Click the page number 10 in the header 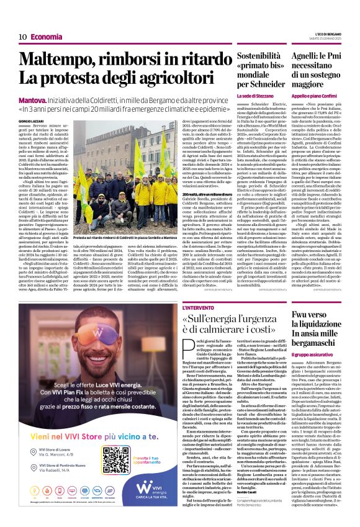[22, 37]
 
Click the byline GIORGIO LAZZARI [29, 123]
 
